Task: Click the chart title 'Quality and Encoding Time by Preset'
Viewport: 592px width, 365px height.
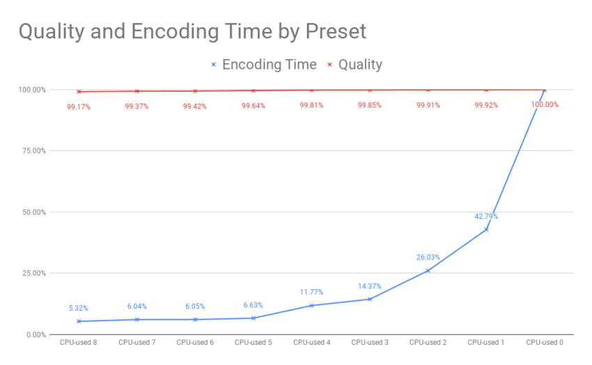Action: (192, 31)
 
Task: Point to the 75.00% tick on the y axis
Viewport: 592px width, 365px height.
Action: (32, 151)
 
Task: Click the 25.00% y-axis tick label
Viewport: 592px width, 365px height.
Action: (32, 273)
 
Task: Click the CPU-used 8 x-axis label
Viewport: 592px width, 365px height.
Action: (78, 342)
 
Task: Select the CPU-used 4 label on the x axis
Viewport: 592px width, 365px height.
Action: (311, 342)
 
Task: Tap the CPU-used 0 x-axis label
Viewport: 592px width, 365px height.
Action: (544, 342)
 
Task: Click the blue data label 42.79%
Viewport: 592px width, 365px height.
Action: (486, 216)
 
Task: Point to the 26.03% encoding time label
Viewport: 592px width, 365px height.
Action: (428, 257)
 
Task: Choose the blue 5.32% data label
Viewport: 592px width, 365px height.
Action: (78, 308)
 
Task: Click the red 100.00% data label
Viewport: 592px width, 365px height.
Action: (544, 104)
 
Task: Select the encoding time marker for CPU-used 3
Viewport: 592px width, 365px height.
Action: (369, 299)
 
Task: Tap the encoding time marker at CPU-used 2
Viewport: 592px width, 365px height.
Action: (428, 270)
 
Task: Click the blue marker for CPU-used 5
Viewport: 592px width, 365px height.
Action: (253, 318)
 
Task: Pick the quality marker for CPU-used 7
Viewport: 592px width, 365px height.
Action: (137, 91)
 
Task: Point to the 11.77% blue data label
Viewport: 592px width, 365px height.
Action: (311, 292)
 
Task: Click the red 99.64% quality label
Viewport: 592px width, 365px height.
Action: (253, 106)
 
